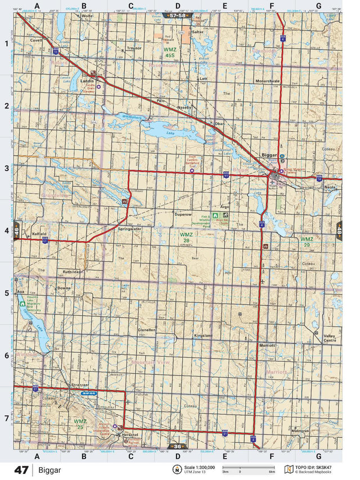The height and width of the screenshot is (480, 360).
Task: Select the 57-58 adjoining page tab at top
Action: click(177, 16)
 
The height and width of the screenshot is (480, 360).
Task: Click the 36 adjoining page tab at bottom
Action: click(177, 446)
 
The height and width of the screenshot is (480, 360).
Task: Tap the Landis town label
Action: click(87, 81)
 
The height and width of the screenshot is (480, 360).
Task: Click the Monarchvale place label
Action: click(268, 81)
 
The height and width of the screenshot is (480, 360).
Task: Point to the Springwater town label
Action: click(129, 228)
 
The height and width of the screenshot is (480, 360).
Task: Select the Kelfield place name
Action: click(40, 233)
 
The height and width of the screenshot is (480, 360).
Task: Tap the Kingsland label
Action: click(204, 335)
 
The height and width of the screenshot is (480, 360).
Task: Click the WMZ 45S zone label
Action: click(170, 53)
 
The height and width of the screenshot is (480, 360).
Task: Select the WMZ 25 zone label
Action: click(80, 423)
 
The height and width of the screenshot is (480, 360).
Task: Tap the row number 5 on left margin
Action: click(6, 293)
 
